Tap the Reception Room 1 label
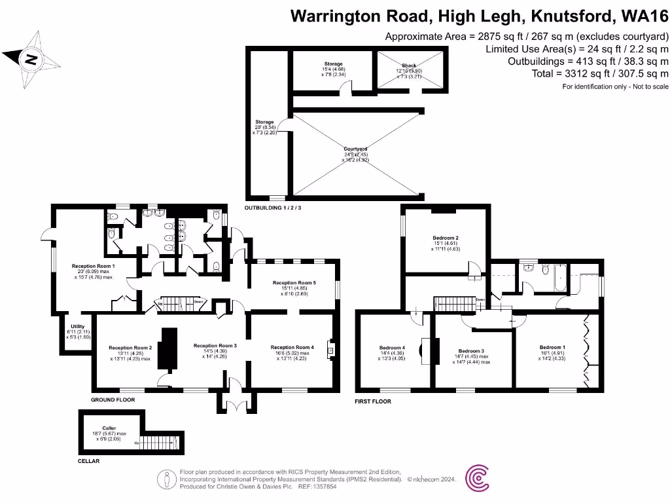[93, 266]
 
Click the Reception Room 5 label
[294, 283]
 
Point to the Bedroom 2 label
[446, 238]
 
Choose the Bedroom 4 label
[392, 348]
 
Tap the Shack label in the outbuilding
[409, 65]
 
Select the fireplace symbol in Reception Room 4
[330, 350]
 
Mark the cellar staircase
[160, 443]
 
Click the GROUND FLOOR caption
[113, 399]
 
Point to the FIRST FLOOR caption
[372, 401]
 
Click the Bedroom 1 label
[552, 347]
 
